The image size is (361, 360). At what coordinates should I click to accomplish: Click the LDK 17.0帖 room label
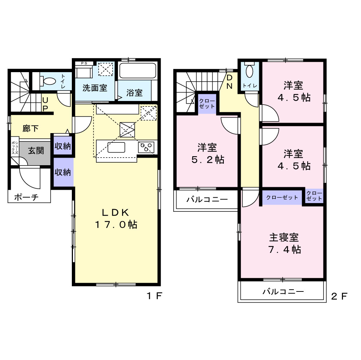click(116, 218)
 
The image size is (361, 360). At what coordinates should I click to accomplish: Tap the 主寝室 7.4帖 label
click(284, 243)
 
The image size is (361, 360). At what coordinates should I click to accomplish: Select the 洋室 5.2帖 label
click(208, 153)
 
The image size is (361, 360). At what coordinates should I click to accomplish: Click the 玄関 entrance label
click(36, 151)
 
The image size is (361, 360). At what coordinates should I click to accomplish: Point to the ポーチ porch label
click(26, 197)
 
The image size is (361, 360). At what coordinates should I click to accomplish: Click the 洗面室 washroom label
click(95, 88)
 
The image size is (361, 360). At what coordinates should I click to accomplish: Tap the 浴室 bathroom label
click(134, 93)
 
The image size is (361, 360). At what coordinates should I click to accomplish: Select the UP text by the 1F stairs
click(45, 104)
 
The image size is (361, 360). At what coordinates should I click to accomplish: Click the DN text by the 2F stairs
click(230, 82)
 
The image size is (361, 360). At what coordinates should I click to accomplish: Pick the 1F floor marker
click(155, 296)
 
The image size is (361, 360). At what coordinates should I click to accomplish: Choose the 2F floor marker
click(339, 296)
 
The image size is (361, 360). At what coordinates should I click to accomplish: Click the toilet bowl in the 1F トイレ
click(48, 81)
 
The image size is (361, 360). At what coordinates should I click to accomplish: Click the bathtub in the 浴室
click(138, 71)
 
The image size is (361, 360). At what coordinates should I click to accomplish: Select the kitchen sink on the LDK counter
click(116, 147)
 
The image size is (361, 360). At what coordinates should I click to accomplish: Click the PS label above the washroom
click(84, 63)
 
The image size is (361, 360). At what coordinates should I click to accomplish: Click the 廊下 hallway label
click(30, 128)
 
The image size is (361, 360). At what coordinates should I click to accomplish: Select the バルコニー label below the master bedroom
click(283, 292)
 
